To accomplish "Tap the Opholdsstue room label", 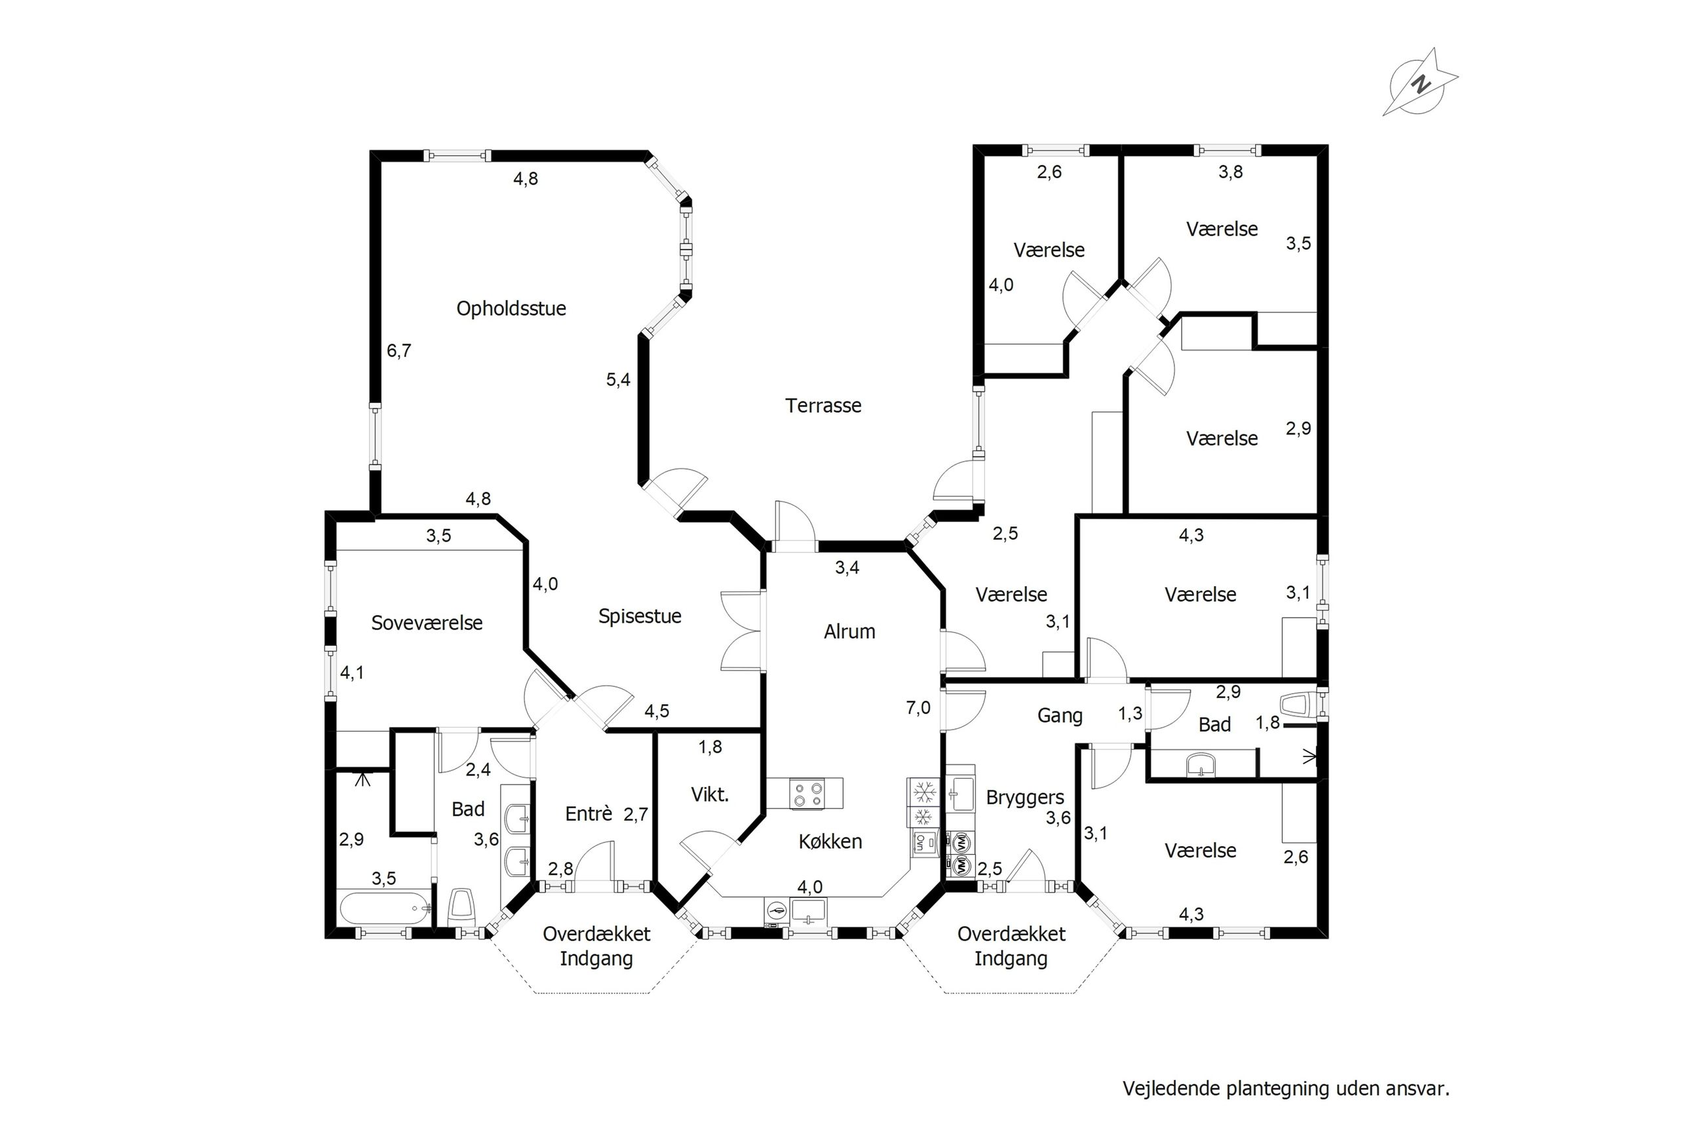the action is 511,309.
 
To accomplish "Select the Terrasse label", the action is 823,405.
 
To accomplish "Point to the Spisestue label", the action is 640,617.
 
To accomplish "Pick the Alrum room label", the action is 849,632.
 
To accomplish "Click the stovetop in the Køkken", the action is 807,793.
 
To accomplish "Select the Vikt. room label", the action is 710,795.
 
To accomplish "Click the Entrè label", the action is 589,813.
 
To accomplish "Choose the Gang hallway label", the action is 1060,716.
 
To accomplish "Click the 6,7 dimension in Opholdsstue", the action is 399,351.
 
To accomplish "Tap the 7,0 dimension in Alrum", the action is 918,708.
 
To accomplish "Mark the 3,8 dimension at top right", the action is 1231,172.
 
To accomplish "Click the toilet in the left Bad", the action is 461,907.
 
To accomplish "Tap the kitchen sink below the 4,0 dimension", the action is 808,911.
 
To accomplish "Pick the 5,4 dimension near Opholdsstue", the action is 619,379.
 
